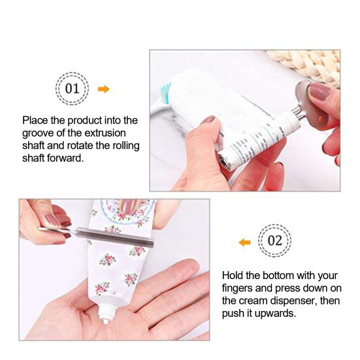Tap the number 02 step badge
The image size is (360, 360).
click(275, 241)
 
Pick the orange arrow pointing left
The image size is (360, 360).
click(244, 242)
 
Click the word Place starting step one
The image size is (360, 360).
click(35, 120)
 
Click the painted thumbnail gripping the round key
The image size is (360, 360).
click(319, 91)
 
